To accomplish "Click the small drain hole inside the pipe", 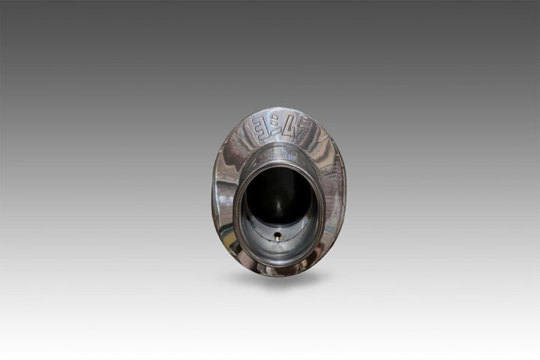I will click(278, 234).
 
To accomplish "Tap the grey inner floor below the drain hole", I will click(278, 247).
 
